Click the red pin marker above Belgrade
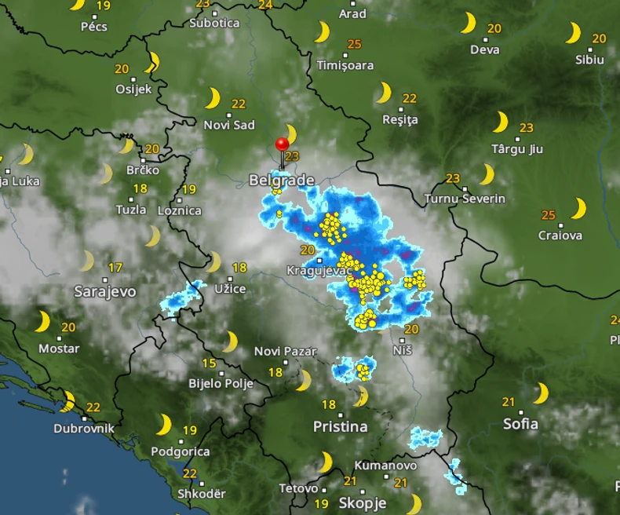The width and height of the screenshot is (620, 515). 282,145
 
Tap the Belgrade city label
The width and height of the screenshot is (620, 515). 282,181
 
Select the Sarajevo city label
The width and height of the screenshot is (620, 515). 104,291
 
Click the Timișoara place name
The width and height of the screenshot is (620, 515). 345,65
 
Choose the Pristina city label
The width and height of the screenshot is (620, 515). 340,426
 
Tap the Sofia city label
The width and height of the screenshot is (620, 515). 520,424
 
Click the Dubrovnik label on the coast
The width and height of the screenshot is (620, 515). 84,429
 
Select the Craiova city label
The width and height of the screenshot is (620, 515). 560,235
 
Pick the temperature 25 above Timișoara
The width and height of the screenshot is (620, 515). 355,45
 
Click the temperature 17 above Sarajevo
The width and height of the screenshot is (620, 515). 115,267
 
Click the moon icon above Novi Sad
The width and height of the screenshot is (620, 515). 213,98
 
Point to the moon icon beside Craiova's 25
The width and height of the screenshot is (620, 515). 578,208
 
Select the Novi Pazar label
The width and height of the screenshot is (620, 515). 286,352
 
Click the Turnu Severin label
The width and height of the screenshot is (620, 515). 465,199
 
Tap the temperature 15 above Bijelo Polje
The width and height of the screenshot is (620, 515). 209,363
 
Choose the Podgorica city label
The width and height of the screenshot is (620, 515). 180,451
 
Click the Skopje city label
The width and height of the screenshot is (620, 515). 363,502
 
